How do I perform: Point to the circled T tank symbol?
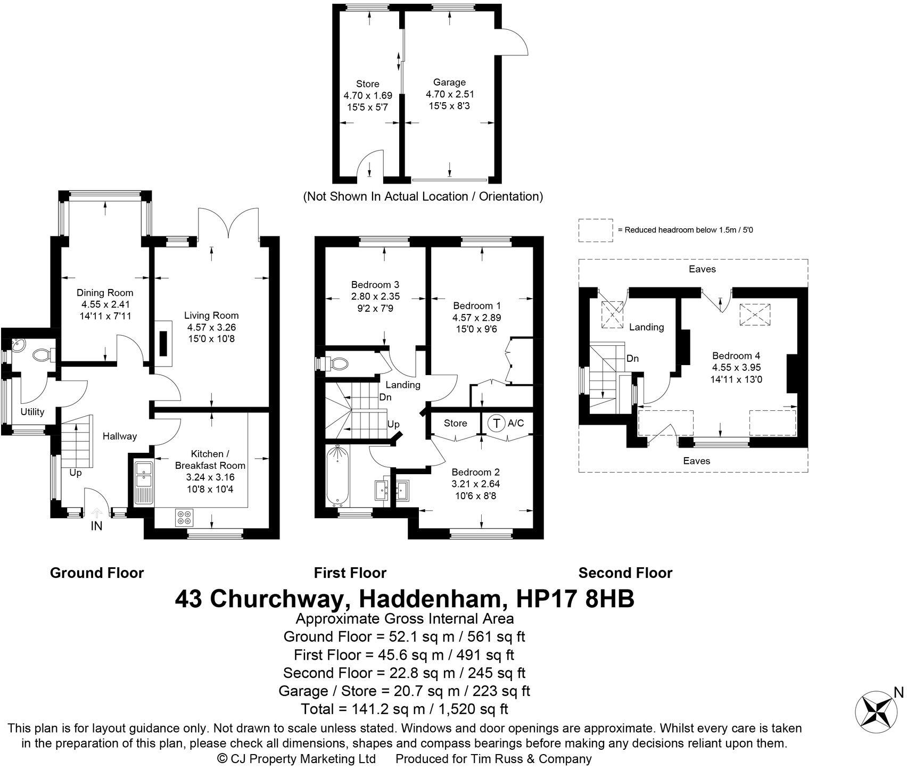pyautogui.click(x=497, y=424)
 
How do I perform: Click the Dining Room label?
pyautogui.click(x=105, y=293)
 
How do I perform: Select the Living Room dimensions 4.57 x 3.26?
pyautogui.click(x=211, y=327)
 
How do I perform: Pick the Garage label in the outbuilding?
pyautogui.click(x=449, y=82)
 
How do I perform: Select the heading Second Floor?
pyautogui.click(x=625, y=573)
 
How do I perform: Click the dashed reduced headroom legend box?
pyautogui.click(x=596, y=230)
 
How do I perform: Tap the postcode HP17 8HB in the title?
pyautogui.click(x=576, y=599)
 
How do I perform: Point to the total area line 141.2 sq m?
pyautogui.click(x=404, y=709)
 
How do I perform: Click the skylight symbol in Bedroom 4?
pyautogui.click(x=755, y=315)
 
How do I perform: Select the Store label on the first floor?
pyautogui.click(x=455, y=423)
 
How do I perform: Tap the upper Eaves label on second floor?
pyautogui.click(x=702, y=269)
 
